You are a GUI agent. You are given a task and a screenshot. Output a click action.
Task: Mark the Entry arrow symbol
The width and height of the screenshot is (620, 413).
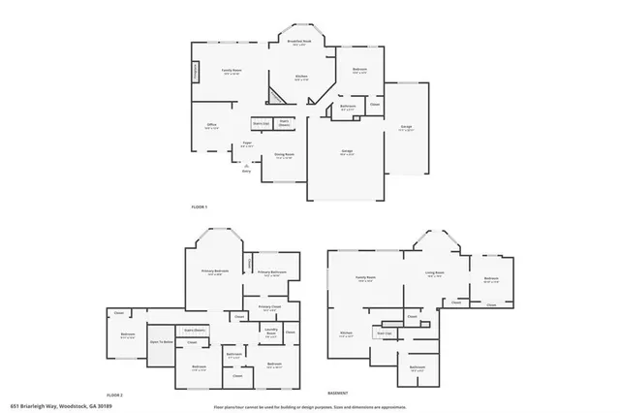click(246, 166)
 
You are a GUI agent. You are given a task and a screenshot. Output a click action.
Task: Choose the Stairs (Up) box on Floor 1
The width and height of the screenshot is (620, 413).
click(261, 124)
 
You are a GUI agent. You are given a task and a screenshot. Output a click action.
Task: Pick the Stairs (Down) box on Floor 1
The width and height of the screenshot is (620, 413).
click(284, 124)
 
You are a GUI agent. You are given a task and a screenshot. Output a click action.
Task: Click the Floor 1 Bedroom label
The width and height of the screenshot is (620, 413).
click(359, 71)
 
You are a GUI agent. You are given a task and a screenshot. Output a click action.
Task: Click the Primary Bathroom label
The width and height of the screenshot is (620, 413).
click(272, 273)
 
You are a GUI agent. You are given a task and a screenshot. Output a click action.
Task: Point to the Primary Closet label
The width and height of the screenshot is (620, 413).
click(269, 306)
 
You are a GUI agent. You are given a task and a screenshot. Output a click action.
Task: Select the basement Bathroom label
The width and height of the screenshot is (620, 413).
click(418, 367)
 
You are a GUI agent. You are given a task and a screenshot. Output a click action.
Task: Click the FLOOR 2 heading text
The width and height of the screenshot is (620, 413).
click(115, 396)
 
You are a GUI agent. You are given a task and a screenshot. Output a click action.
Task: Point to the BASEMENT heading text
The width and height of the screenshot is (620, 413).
click(338, 394)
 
